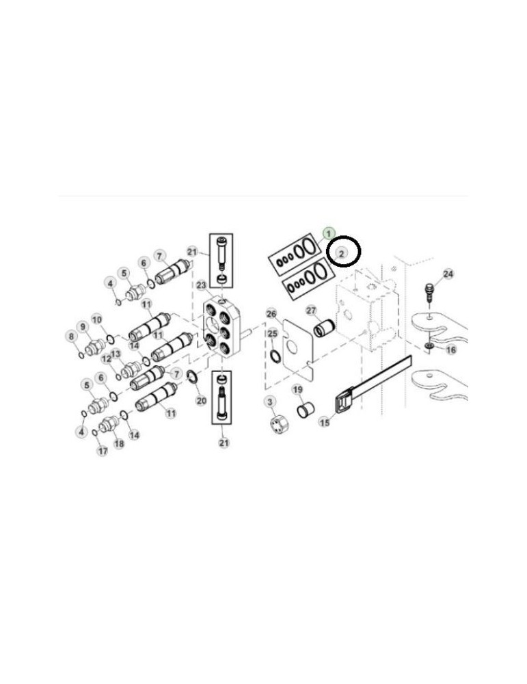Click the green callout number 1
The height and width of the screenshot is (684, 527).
click(x=329, y=233)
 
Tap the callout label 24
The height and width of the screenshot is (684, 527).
click(x=448, y=274)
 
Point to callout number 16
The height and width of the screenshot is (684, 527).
click(x=450, y=350)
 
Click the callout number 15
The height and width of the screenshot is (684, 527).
click(x=325, y=423)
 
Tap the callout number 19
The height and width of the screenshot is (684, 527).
click(x=297, y=389)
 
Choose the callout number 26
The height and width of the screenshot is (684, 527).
click(x=271, y=314)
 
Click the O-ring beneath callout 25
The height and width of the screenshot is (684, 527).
click(x=274, y=356)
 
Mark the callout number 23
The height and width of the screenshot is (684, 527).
click(x=201, y=285)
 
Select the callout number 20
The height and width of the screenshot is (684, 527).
click(x=201, y=400)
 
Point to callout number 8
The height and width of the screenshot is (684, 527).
click(x=70, y=336)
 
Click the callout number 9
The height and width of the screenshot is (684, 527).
click(x=83, y=326)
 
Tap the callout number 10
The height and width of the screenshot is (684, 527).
click(x=97, y=319)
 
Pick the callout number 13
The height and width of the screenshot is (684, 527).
click(x=116, y=353)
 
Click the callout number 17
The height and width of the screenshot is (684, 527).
click(x=102, y=451)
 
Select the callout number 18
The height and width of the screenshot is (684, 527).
click(x=119, y=443)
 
